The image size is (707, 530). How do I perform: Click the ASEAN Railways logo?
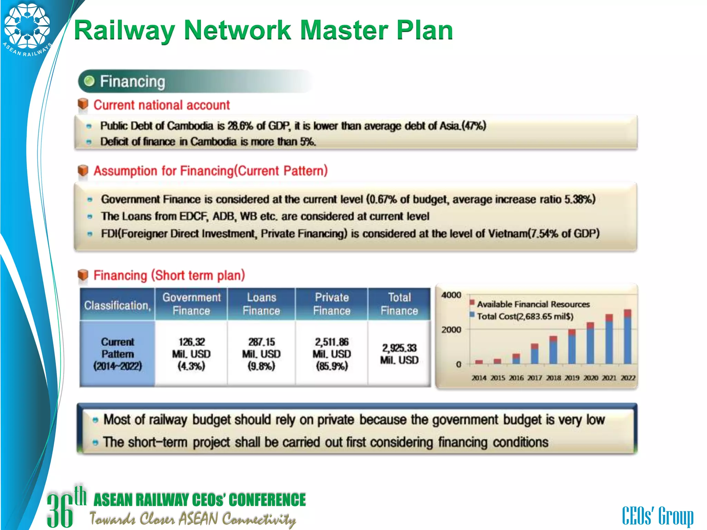pyautogui.click(x=27, y=28)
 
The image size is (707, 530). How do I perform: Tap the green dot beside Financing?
pyautogui.click(x=89, y=81)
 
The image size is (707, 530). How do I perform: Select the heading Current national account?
pyautogui.click(x=161, y=105)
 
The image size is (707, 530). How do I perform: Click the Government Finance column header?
pyautogui.click(x=191, y=304)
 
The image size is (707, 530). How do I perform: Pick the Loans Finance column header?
pyautogui.click(x=261, y=304)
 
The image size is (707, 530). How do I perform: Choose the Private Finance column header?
pyautogui.click(x=332, y=304)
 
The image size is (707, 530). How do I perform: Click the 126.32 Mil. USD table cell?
pyautogui.click(x=191, y=354)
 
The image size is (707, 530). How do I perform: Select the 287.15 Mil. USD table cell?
pyautogui.click(x=261, y=354)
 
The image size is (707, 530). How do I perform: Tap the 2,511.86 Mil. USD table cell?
pyautogui.click(x=332, y=354)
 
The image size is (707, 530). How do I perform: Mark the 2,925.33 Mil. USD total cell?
pyautogui.click(x=399, y=354)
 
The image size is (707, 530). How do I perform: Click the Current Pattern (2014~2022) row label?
pyautogui.click(x=117, y=354)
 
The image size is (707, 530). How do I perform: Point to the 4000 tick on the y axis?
pyautogui.click(x=451, y=295)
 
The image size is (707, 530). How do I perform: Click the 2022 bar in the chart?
pyautogui.click(x=628, y=338)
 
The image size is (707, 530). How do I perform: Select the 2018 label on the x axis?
pyautogui.click(x=553, y=378)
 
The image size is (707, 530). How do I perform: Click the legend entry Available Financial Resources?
pyautogui.click(x=533, y=304)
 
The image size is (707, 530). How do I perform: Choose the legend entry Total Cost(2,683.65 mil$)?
pyautogui.click(x=525, y=316)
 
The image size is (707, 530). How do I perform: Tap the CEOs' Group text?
pyautogui.click(x=658, y=516)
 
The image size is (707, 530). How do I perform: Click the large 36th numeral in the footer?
pyautogui.click(x=66, y=507)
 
